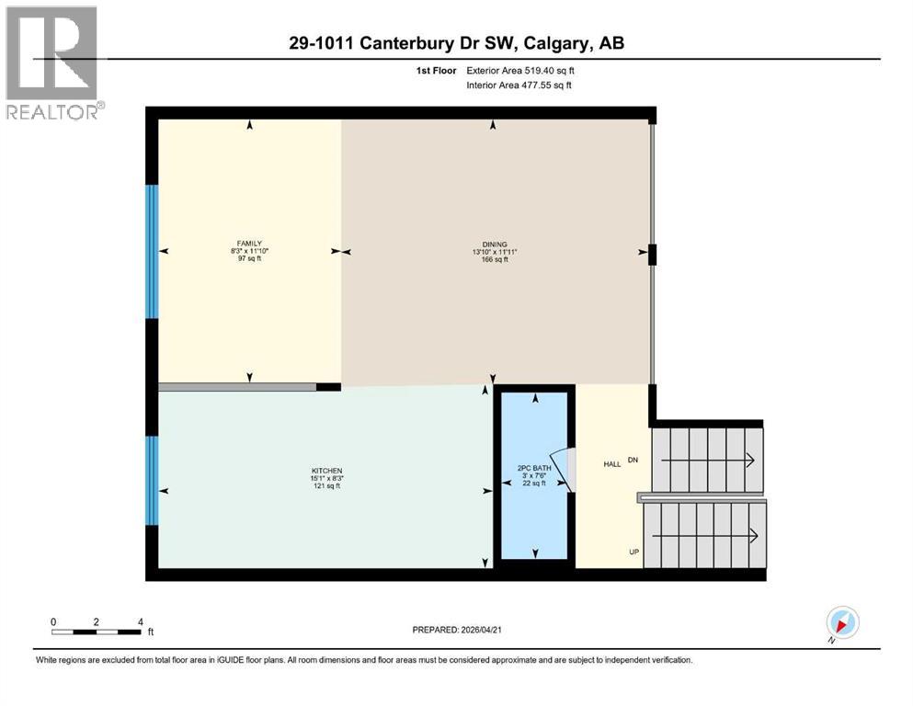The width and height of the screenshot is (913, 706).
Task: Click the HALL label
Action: click(x=611, y=464)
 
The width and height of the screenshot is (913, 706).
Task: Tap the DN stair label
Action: click(x=633, y=459)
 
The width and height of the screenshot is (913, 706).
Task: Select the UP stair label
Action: click(x=633, y=552)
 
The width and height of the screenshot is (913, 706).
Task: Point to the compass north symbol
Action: click(x=843, y=623)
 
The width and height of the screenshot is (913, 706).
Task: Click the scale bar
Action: click(x=97, y=632)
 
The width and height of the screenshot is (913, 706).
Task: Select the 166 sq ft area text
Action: click(x=493, y=259)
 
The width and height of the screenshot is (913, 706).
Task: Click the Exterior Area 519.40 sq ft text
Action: click(x=521, y=70)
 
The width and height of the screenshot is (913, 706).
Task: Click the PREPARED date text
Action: click(x=456, y=630)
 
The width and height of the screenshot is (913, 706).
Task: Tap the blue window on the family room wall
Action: click(x=153, y=251)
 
